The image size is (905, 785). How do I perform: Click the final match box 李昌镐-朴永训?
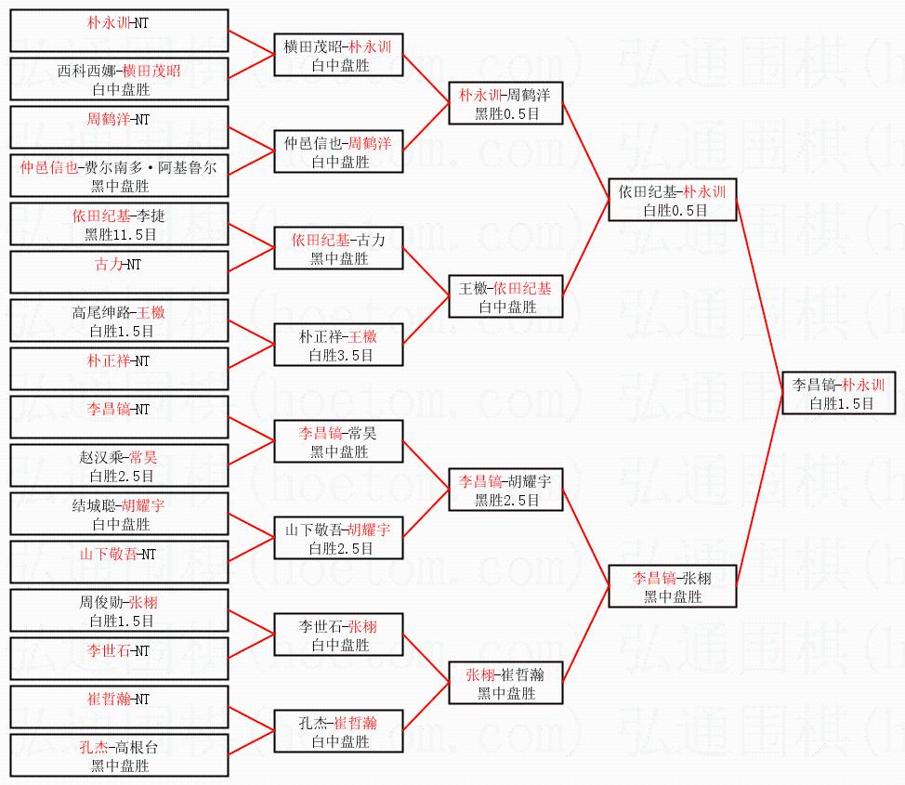839,393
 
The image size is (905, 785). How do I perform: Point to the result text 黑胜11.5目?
119,234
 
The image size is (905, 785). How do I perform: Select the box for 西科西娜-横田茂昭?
119,80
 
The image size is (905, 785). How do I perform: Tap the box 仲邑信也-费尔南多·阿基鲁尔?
119,177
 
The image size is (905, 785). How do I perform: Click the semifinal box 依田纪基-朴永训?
672,200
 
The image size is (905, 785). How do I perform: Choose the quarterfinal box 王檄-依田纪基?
505,296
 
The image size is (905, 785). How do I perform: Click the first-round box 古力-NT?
119,272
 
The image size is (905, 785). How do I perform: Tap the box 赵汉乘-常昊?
119,466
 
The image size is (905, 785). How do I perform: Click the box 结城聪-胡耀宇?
119,515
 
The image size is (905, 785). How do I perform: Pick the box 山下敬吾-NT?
119,563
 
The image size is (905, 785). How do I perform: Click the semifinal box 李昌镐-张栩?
672,586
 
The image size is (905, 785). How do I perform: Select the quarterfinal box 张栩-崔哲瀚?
505,683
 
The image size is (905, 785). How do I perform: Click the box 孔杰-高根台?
119,756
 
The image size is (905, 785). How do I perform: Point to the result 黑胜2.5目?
505,500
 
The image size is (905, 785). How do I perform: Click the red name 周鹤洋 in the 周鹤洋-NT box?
106,119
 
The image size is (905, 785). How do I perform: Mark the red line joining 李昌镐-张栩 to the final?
760,490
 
